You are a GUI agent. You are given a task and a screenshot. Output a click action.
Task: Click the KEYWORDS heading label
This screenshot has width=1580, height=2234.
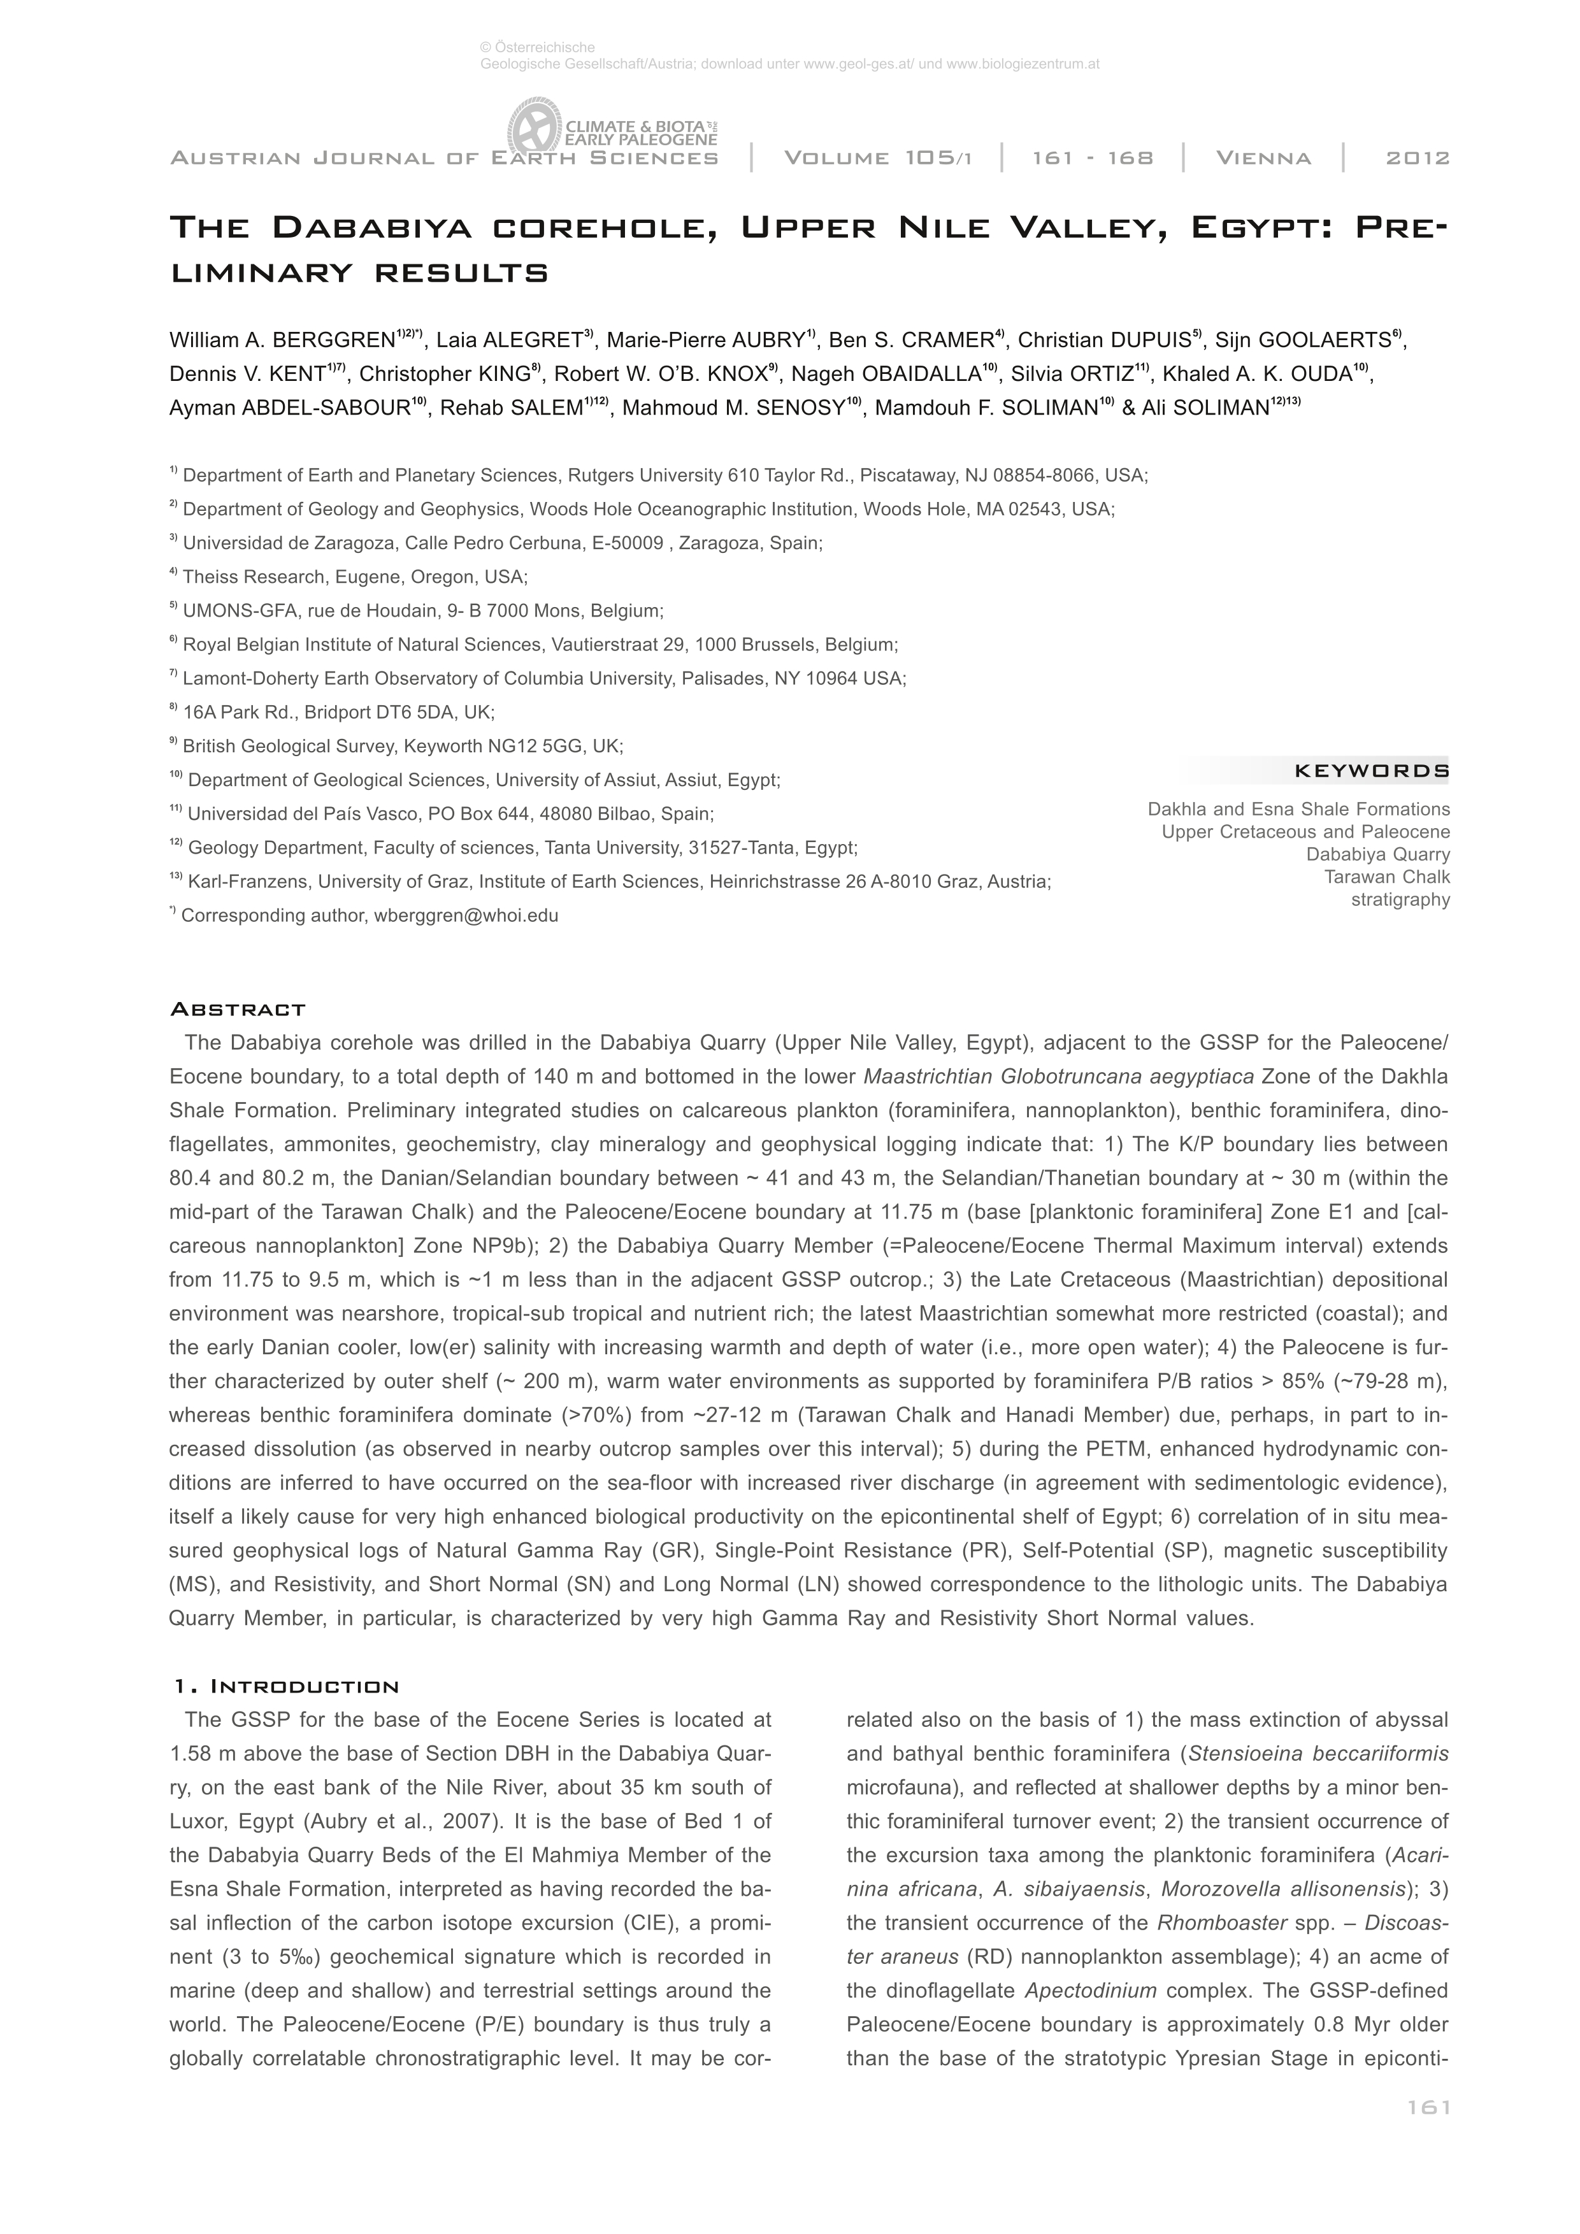click(x=1371, y=771)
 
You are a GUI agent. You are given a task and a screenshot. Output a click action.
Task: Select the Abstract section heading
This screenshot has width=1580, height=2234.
click(x=238, y=1009)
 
